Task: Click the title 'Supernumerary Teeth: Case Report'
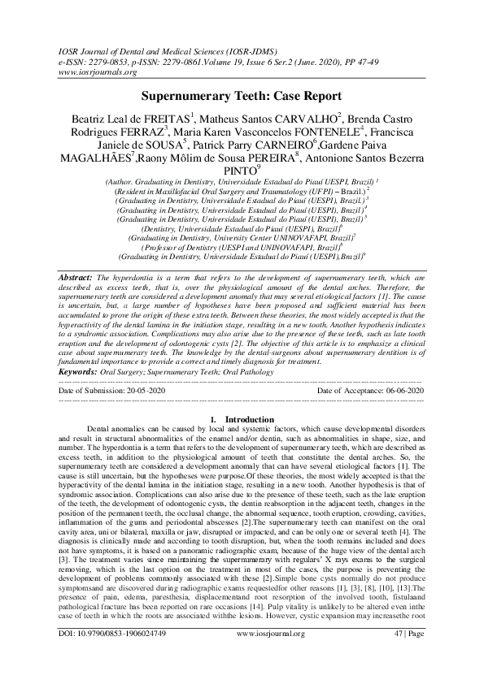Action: [x=242, y=95]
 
